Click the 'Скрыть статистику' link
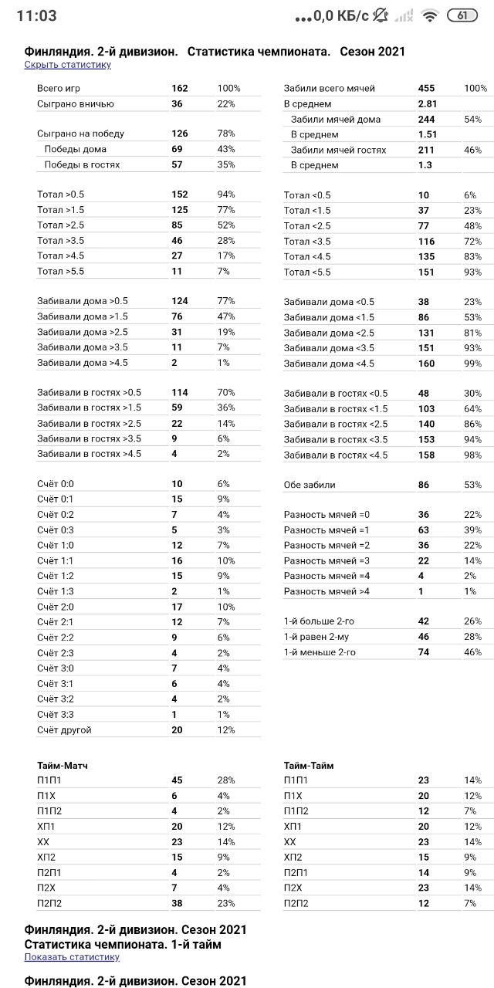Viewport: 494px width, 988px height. pyautogui.click(x=67, y=65)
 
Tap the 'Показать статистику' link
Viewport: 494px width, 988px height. pyautogui.click(x=72, y=957)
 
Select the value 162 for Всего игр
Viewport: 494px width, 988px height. pyautogui.click(x=180, y=89)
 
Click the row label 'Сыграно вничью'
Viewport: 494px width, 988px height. pyautogui.click(x=76, y=104)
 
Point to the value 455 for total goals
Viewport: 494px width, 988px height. pyautogui.click(x=426, y=89)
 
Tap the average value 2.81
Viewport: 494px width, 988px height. pyautogui.click(x=428, y=104)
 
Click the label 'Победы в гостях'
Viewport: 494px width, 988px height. pyautogui.click(x=82, y=164)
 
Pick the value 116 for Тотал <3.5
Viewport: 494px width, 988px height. pyautogui.click(x=426, y=241)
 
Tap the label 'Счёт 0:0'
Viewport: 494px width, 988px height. pyautogui.click(x=56, y=484)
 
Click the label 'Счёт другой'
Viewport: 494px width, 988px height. pyautogui.click(x=64, y=729)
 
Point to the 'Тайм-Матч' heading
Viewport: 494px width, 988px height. pyautogui.click(x=63, y=766)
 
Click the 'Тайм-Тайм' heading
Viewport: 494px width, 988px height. pyautogui.click(x=309, y=766)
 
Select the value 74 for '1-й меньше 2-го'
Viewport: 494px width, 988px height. pyautogui.click(x=423, y=652)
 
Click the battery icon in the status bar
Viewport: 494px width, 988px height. pyautogui.click(x=462, y=15)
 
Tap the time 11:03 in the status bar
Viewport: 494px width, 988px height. pyautogui.click(x=36, y=15)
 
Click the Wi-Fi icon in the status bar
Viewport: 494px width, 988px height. pyautogui.click(x=430, y=15)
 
